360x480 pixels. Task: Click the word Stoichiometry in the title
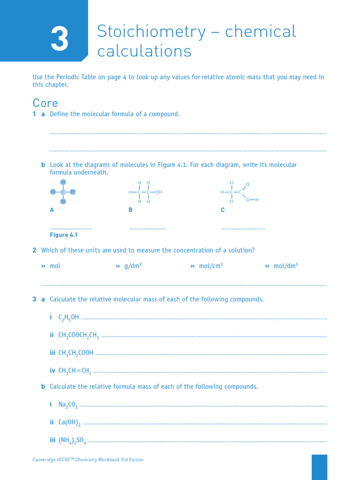(151, 32)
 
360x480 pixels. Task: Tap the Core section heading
(45, 103)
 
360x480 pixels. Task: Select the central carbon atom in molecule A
(63, 192)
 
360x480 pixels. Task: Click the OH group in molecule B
(159, 192)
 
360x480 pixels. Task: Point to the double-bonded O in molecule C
(247, 184)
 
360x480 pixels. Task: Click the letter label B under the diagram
(131, 210)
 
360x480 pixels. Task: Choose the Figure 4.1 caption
(64, 235)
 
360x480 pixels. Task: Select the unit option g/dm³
(133, 266)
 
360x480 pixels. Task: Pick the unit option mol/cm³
(210, 266)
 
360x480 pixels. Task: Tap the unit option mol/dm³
(285, 266)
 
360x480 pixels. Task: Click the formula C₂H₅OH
(68, 318)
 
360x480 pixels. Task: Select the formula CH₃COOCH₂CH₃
(78, 335)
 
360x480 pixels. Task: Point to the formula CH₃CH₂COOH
(75, 353)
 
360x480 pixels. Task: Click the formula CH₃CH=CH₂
(75, 371)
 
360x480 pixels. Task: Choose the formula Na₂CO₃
(68, 405)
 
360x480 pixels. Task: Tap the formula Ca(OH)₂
(69, 422)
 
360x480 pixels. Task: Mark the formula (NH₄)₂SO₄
(72, 440)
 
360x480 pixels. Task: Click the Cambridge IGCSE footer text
(88, 460)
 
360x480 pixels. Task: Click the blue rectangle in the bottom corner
(319, 467)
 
